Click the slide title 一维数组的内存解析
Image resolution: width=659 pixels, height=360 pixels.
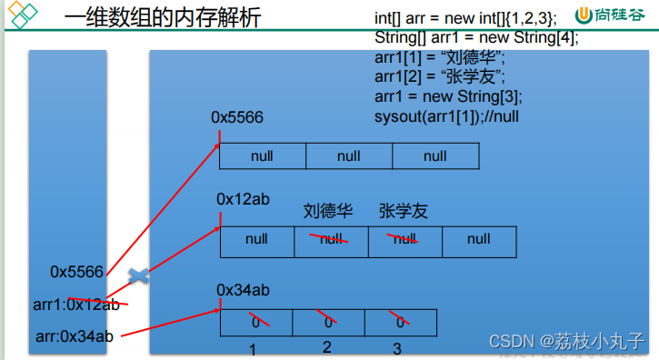click(163, 17)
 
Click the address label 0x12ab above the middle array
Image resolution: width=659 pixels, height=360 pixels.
click(243, 198)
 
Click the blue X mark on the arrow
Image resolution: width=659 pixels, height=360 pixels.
click(138, 275)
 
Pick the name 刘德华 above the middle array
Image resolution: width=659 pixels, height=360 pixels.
click(327, 212)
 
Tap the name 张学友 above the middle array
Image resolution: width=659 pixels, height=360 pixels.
click(404, 212)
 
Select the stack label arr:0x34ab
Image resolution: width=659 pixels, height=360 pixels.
click(75, 336)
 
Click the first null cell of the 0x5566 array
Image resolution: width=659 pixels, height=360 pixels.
click(262, 155)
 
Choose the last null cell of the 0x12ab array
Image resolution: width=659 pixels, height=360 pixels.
click(479, 240)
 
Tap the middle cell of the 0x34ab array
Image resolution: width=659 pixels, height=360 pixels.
click(328, 323)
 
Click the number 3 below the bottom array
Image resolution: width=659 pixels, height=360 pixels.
click(396, 349)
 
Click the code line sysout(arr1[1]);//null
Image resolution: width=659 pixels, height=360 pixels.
click(446, 116)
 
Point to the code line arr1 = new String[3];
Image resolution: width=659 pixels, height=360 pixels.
click(448, 96)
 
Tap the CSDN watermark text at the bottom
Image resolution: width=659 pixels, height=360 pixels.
click(567, 342)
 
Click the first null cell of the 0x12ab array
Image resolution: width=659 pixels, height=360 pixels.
click(256, 240)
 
